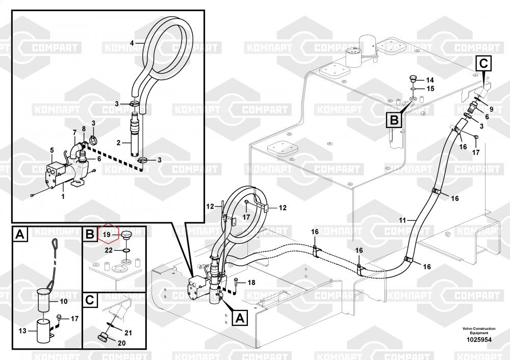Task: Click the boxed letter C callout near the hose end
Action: [483, 64]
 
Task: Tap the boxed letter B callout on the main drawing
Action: [394, 120]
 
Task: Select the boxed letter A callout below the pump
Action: [240, 318]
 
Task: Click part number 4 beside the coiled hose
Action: [132, 43]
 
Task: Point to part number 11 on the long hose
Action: [402, 220]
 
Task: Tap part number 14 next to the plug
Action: [429, 80]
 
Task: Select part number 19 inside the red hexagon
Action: [107, 234]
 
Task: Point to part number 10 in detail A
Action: [64, 301]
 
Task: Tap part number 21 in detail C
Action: [128, 332]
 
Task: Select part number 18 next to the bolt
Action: [251, 282]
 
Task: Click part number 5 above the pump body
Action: [52, 149]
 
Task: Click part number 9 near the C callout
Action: [491, 109]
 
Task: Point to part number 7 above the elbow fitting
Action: [74, 133]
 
